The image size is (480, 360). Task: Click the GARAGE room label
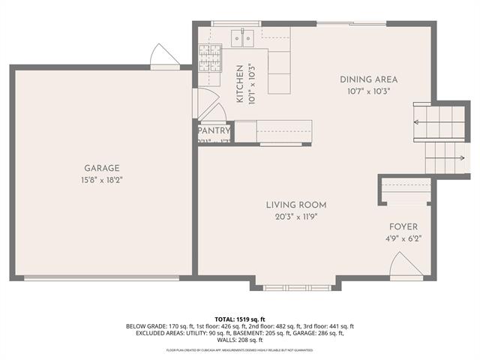point(102,169)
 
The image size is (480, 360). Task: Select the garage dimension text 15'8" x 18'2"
point(102,180)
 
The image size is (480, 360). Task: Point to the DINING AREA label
point(368,79)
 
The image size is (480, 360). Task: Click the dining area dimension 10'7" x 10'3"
point(368,91)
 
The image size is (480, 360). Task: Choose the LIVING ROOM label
point(296,205)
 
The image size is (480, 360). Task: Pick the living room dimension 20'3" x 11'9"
point(296,216)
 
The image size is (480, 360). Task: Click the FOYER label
point(403,226)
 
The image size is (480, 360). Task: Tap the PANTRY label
point(214,130)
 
